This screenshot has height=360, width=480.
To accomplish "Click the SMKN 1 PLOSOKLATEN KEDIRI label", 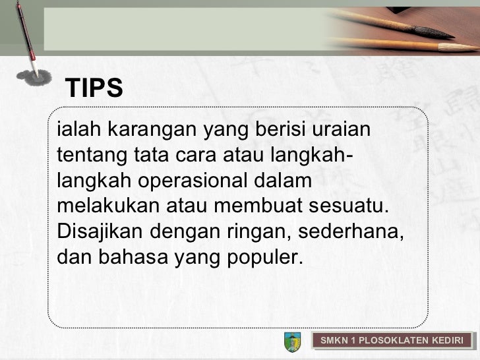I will pyautogui.click(x=392, y=341).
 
